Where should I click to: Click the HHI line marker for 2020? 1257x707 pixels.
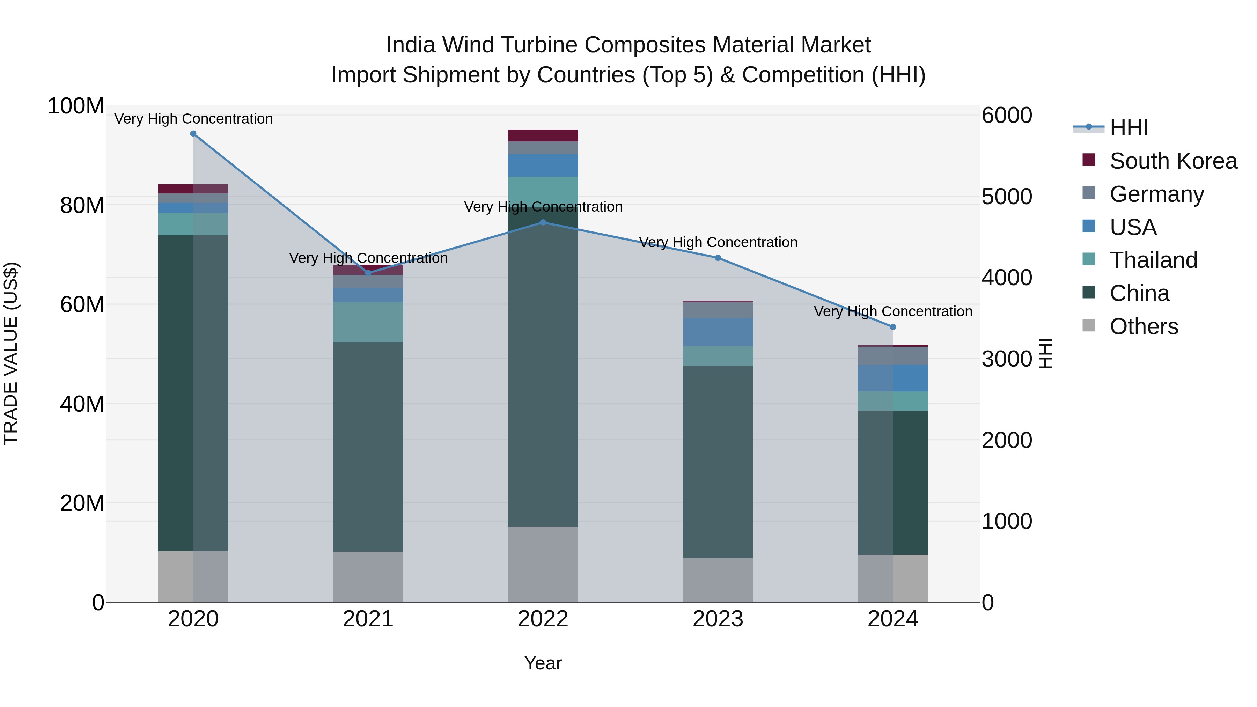[193, 134]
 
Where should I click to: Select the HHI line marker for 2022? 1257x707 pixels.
[543, 222]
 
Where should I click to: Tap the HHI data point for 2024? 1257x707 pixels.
[893, 327]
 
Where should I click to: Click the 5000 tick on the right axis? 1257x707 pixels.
[1006, 197]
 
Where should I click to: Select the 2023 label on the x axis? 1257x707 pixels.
[718, 619]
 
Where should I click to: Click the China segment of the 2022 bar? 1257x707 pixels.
[543, 366]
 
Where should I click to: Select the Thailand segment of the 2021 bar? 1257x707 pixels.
[368, 322]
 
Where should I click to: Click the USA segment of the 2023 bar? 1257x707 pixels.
[718, 332]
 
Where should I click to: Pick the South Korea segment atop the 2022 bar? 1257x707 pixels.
[543, 135]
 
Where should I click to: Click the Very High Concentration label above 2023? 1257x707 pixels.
[718, 243]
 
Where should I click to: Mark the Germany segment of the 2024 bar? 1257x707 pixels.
[893, 356]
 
